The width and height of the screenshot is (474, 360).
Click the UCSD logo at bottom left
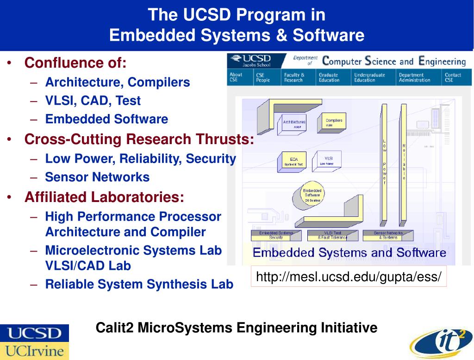coord(34,333)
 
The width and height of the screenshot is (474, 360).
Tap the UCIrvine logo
coord(34,350)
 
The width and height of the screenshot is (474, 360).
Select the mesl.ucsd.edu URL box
coord(349,277)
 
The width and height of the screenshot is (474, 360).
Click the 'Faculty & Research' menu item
coord(294,77)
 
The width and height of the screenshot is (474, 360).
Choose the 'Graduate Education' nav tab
coord(329,77)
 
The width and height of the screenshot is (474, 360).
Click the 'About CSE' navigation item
coord(236,77)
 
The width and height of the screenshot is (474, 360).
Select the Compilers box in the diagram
coord(333,122)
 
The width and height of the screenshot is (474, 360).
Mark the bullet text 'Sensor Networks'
coord(97,177)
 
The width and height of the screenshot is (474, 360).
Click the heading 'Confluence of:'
coord(75,63)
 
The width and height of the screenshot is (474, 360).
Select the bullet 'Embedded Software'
coord(106,119)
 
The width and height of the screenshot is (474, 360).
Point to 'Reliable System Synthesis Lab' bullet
coord(139,284)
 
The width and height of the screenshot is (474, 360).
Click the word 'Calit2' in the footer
coord(109,328)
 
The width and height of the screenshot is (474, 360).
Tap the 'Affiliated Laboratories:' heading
coord(104,197)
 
